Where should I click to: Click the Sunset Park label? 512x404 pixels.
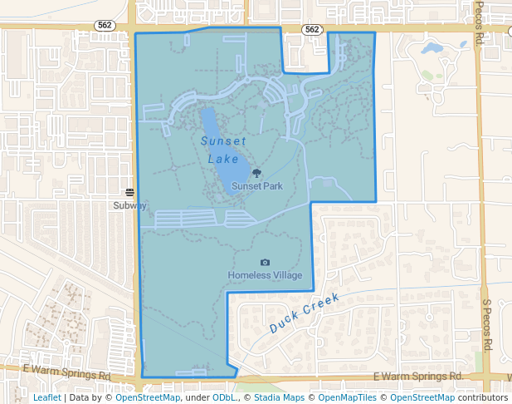[x=256, y=186]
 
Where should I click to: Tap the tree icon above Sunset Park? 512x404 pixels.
[x=256, y=173]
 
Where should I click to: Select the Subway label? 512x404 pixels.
[x=130, y=204]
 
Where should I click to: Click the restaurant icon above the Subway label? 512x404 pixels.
[x=130, y=193]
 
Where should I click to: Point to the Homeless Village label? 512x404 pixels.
[x=265, y=275]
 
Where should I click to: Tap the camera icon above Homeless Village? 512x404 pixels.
[x=265, y=263]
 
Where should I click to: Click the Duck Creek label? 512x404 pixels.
[x=305, y=313]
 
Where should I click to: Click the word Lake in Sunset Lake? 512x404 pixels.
[x=223, y=158]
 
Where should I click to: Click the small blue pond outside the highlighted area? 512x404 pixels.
[x=432, y=48]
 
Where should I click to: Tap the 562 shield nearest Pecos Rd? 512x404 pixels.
[x=311, y=29]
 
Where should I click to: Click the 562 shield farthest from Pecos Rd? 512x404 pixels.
[x=105, y=26]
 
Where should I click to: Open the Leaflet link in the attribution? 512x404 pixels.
[x=46, y=397]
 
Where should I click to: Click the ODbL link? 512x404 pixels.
[x=224, y=397]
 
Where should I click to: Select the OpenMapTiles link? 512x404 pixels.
[x=348, y=397]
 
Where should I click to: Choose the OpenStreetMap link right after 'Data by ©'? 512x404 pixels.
[x=148, y=397]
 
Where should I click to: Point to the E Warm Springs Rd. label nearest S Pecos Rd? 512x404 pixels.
[x=417, y=377]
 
